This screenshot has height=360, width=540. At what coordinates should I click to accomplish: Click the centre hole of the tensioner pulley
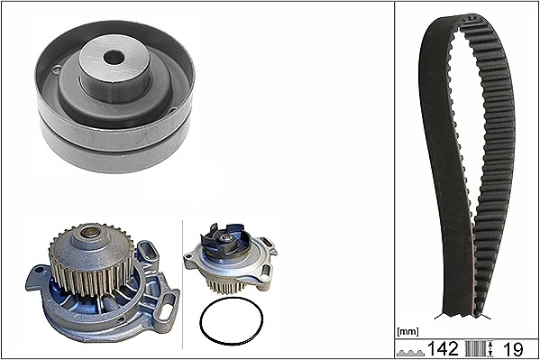pos(113,57)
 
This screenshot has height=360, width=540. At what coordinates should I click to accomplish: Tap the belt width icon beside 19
pos(482,347)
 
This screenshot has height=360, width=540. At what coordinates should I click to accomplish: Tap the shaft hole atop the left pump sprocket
pos(91,234)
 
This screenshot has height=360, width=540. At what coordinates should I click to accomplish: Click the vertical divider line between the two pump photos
pos(183,280)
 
